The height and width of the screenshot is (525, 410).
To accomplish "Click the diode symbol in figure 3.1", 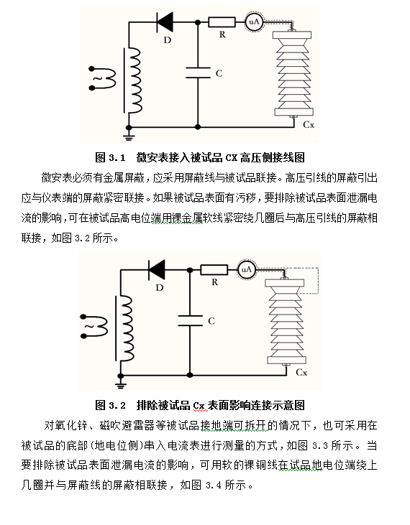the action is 165,22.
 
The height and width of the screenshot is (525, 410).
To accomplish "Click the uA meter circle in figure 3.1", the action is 254,22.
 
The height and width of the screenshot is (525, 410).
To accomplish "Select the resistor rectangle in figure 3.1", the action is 222,22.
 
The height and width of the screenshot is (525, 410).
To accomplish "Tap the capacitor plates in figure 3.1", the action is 198,73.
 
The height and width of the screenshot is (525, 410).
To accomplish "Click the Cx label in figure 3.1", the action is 309,125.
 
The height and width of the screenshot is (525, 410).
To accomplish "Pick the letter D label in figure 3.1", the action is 168,40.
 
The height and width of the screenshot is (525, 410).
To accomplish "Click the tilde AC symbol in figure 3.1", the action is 98,79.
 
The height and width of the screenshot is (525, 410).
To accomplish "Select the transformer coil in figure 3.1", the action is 135,80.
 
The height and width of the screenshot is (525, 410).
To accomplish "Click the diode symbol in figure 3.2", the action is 157,269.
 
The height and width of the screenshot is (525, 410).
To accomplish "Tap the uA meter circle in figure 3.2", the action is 246,270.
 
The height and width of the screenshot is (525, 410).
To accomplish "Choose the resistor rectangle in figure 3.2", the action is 214,270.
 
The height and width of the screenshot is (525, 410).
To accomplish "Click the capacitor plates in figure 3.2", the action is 190,320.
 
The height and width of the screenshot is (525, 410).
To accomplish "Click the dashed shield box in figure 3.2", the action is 318,281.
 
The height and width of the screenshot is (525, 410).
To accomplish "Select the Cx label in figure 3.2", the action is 301,372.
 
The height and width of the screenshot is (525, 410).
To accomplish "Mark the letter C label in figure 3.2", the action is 211,321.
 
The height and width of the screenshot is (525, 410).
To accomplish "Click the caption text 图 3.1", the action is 110,157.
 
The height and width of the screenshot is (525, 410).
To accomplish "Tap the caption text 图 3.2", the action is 110,405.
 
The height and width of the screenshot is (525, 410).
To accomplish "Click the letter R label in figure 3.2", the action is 214,282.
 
